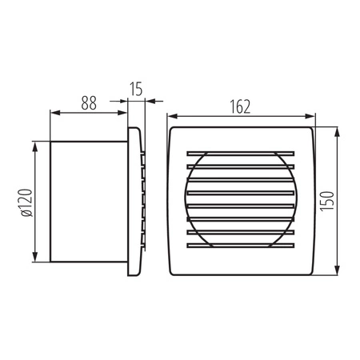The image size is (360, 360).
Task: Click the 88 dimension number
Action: (x=90, y=102)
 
